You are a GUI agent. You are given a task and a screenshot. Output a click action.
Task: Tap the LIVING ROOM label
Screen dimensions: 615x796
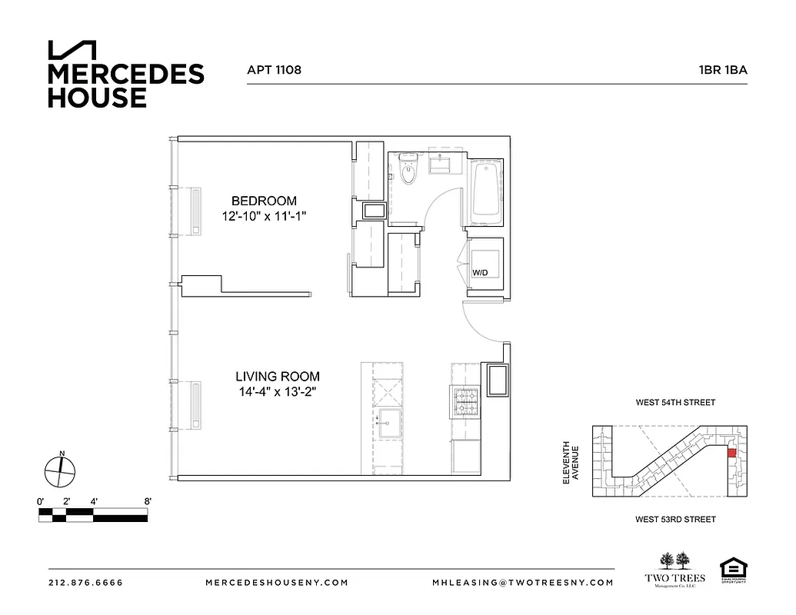pyautogui.click(x=277, y=377)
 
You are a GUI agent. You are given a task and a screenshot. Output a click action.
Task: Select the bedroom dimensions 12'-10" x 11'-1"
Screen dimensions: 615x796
pyautogui.click(x=264, y=217)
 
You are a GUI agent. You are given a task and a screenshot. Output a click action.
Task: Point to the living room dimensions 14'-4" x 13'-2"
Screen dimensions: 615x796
pyautogui.click(x=277, y=393)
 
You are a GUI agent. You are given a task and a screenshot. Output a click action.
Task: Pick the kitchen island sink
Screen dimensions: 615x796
pyautogui.click(x=387, y=421)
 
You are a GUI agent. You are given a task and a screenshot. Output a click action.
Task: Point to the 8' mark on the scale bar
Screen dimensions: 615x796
pyautogui.click(x=147, y=501)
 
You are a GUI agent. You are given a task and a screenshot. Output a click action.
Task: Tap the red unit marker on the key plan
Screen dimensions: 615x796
pyautogui.click(x=731, y=452)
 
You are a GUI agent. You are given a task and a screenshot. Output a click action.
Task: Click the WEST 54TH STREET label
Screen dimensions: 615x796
pyautogui.click(x=675, y=402)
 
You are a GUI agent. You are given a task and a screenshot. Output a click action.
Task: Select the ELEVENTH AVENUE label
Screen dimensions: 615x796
pyautogui.click(x=569, y=462)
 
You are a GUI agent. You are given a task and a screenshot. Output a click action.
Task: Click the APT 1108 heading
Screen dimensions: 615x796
pyautogui.click(x=274, y=70)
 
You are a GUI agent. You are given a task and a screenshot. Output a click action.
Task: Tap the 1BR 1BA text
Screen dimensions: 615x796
pyautogui.click(x=723, y=70)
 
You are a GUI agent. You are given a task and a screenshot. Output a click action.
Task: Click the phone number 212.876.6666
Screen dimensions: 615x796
pyautogui.click(x=85, y=582)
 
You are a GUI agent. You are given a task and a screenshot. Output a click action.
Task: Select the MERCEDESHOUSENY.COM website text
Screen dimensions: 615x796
pyautogui.click(x=278, y=582)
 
